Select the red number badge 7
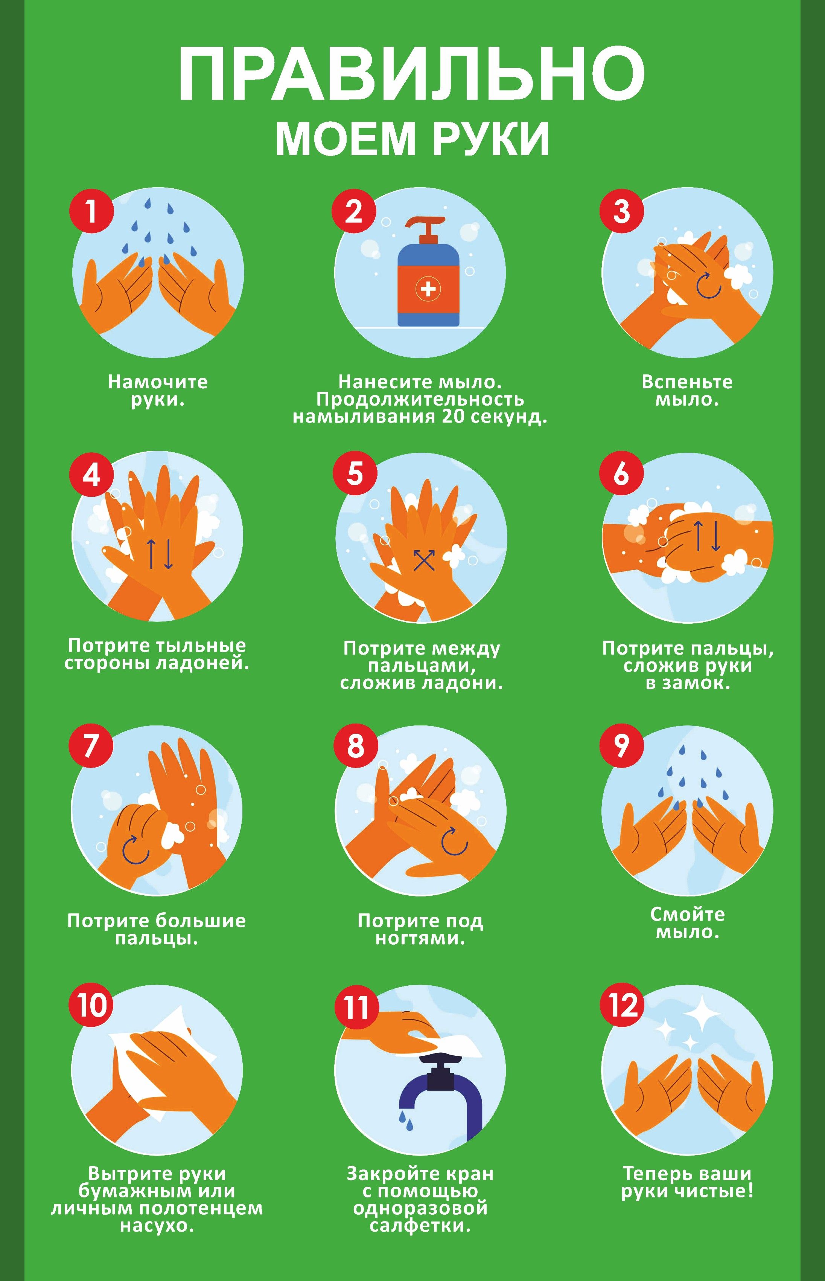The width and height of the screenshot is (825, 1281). (91, 745)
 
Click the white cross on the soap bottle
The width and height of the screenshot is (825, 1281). (428, 289)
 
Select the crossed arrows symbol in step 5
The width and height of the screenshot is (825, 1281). (424, 560)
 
